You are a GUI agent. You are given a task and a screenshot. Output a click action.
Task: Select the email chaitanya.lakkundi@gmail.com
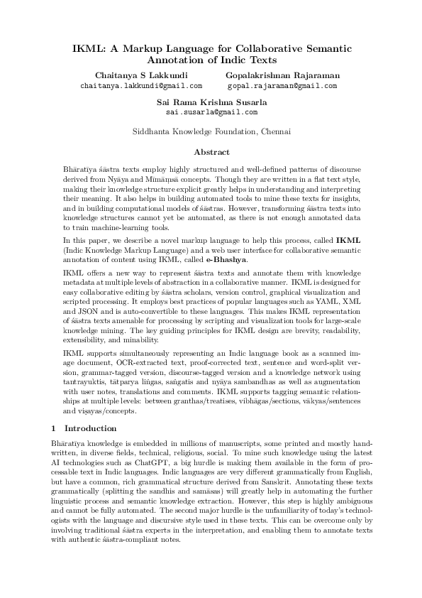[141, 85]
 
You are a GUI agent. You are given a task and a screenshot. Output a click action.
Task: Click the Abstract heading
[211, 152]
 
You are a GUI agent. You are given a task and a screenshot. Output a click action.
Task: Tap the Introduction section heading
[91, 429]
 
